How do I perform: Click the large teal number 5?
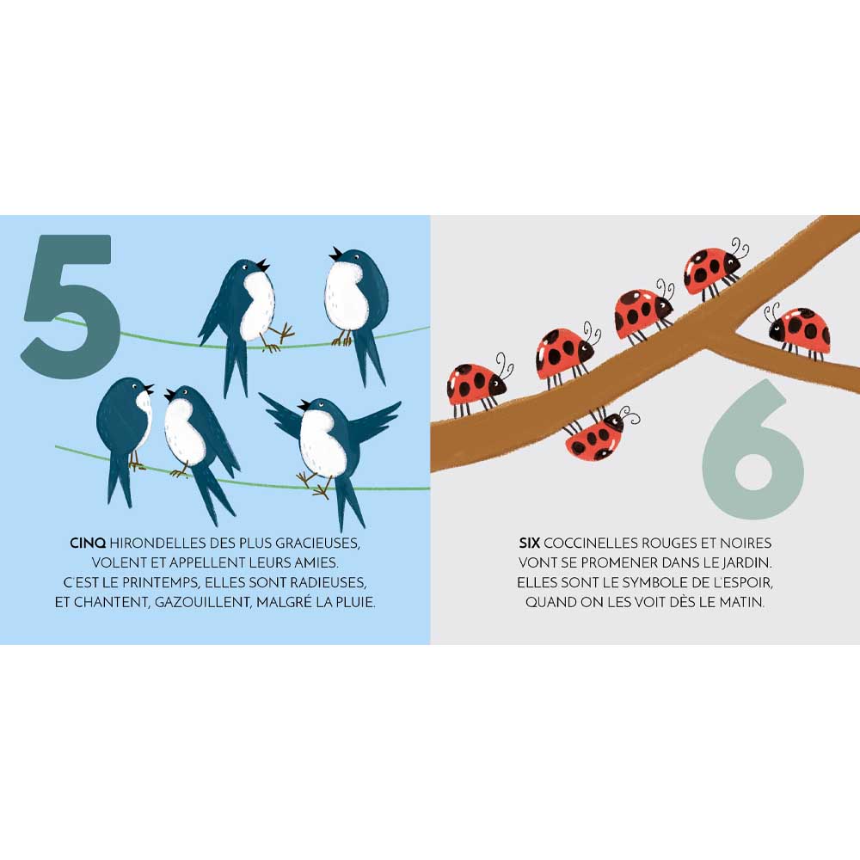pos(71,307)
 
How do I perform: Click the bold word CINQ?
pos(88,543)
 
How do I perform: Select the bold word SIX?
pos(529,543)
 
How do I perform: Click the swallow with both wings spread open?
pos(330,445)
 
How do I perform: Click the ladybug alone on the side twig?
pos(799,330)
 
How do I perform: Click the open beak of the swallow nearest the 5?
pos(148,390)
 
